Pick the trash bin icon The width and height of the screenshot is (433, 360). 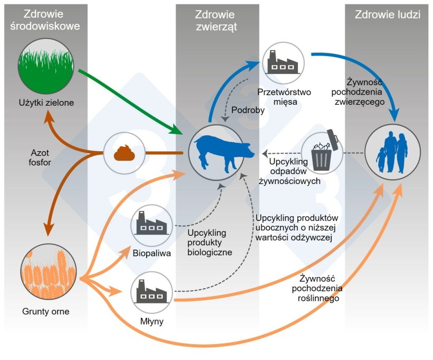pyautogui.click(x=322, y=153)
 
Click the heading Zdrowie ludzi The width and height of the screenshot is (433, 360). pyautogui.click(x=389, y=15)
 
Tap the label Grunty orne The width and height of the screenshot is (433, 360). pyautogui.click(x=46, y=311)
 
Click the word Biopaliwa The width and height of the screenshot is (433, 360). pyautogui.click(x=151, y=253)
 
